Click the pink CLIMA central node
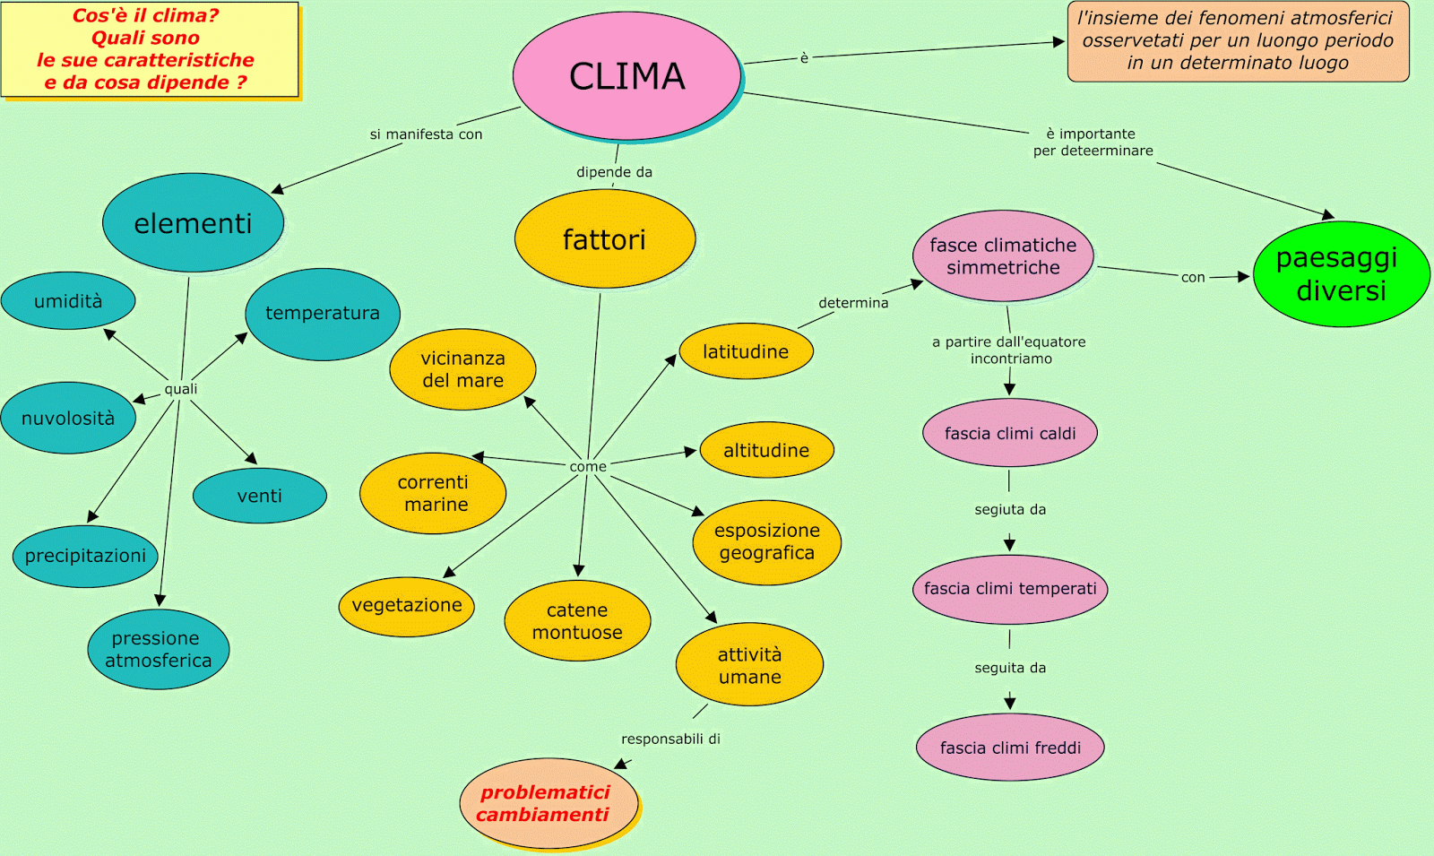(x=626, y=76)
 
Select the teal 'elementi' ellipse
(x=193, y=223)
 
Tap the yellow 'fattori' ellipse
(x=605, y=239)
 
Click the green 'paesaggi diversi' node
(x=1341, y=274)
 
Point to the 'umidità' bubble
(x=68, y=301)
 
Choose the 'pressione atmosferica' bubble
(x=159, y=650)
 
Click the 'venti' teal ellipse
(x=260, y=496)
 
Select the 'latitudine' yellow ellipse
(x=746, y=351)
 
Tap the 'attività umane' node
(x=749, y=665)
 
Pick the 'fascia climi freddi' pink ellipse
(x=1010, y=748)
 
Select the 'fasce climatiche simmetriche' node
(x=1003, y=256)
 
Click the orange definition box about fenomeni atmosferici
(x=1238, y=41)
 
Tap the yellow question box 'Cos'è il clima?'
(x=149, y=49)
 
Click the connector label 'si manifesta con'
(x=426, y=134)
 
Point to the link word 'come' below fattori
(x=588, y=466)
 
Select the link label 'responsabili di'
(x=670, y=739)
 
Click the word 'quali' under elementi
(x=180, y=389)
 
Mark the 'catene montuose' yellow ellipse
(x=577, y=621)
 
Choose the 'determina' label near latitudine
(x=853, y=303)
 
